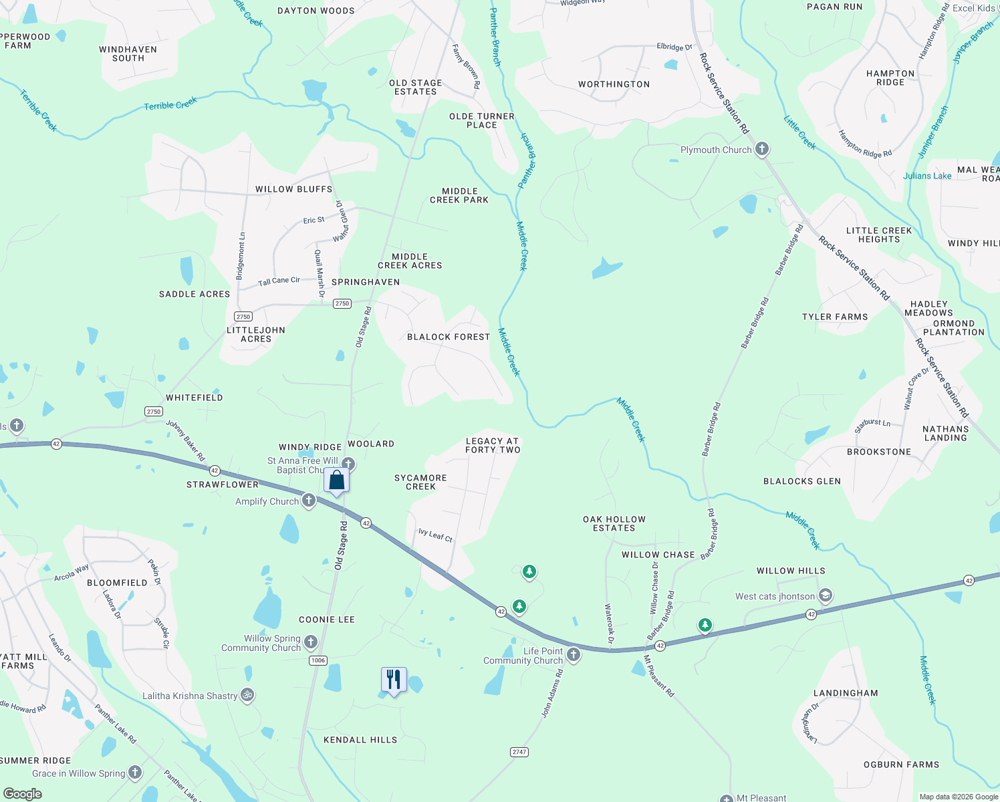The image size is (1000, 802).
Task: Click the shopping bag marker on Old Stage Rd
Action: pos(337,480)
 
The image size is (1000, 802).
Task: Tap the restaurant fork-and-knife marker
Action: pos(394,680)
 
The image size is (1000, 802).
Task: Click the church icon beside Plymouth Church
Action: pos(762,149)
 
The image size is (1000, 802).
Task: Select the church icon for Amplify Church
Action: pos(309,501)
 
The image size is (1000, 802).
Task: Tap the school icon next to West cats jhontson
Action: pos(826,596)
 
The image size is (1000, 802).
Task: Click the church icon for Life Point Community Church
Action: pos(574,655)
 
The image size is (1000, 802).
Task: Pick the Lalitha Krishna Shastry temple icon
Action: pos(247,695)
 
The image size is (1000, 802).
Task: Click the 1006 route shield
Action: pos(318,660)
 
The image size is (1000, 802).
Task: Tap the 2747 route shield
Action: pos(519,752)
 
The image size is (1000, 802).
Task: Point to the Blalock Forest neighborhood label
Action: pos(449,337)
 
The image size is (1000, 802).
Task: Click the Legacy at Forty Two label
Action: pos(493,445)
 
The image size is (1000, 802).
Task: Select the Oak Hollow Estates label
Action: pos(614,523)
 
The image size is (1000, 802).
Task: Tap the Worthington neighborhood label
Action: pos(614,84)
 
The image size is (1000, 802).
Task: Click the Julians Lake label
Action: pos(927,176)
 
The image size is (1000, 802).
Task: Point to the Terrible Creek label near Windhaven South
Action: pos(170,104)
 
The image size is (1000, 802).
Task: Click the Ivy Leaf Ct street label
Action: pos(435,535)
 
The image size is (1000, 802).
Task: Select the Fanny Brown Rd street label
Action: pos(467,66)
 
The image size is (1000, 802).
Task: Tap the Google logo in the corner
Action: pos(22,794)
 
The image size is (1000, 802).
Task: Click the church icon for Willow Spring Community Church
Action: pos(311,642)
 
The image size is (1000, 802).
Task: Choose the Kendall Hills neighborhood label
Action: pos(360,740)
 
